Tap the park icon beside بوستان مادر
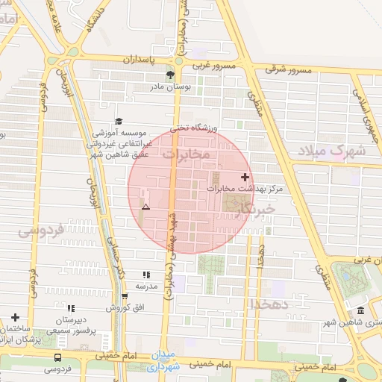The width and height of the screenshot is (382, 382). tap(170, 75)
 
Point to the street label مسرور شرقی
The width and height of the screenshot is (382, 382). tap(287, 70)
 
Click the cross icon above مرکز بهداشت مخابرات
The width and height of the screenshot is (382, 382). tap(245, 177)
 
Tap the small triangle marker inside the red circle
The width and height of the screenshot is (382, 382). tap(146, 206)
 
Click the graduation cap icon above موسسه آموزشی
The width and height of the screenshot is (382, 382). tap(118, 121)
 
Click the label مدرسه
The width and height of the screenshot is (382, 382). tap(145, 286)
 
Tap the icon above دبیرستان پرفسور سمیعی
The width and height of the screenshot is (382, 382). tap(71, 307)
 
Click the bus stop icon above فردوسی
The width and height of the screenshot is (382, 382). tap(58, 357)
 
